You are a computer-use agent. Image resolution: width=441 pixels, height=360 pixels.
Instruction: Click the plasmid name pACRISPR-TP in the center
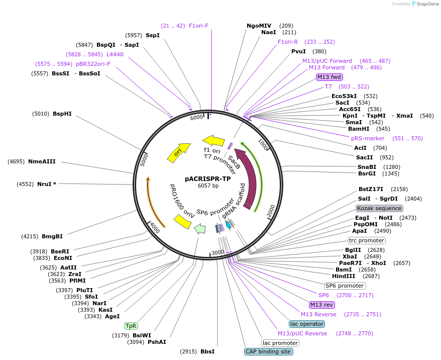click(208, 178)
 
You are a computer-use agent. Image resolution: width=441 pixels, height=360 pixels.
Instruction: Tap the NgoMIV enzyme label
click(259, 26)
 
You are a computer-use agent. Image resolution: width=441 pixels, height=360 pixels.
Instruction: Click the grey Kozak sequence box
click(379, 208)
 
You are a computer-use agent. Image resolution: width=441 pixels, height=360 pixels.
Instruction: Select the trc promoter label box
click(367, 240)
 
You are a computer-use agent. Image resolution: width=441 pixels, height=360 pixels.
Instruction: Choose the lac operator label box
click(307, 324)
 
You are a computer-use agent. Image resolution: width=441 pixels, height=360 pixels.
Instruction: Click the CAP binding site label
click(268, 351)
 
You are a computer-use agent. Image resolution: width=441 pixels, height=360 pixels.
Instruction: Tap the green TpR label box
click(131, 326)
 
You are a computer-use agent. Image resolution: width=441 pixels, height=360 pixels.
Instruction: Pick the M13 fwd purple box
click(329, 77)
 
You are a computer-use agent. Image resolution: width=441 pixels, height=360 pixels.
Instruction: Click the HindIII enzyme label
click(344, 276)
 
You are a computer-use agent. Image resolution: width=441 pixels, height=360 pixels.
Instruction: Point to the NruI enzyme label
click(46, 184)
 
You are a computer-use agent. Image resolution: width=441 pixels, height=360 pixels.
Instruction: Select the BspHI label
click(62, 114)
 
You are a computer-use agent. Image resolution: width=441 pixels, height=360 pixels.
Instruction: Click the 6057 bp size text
click(208, 186)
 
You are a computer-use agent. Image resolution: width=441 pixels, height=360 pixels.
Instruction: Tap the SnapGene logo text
click(426, 4)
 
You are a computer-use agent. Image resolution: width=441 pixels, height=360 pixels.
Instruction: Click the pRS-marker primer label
click(368, 138)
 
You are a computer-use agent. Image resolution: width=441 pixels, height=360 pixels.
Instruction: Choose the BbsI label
click(207, 351)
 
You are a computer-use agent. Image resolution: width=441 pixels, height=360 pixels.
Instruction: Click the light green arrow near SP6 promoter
click(199, 229)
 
